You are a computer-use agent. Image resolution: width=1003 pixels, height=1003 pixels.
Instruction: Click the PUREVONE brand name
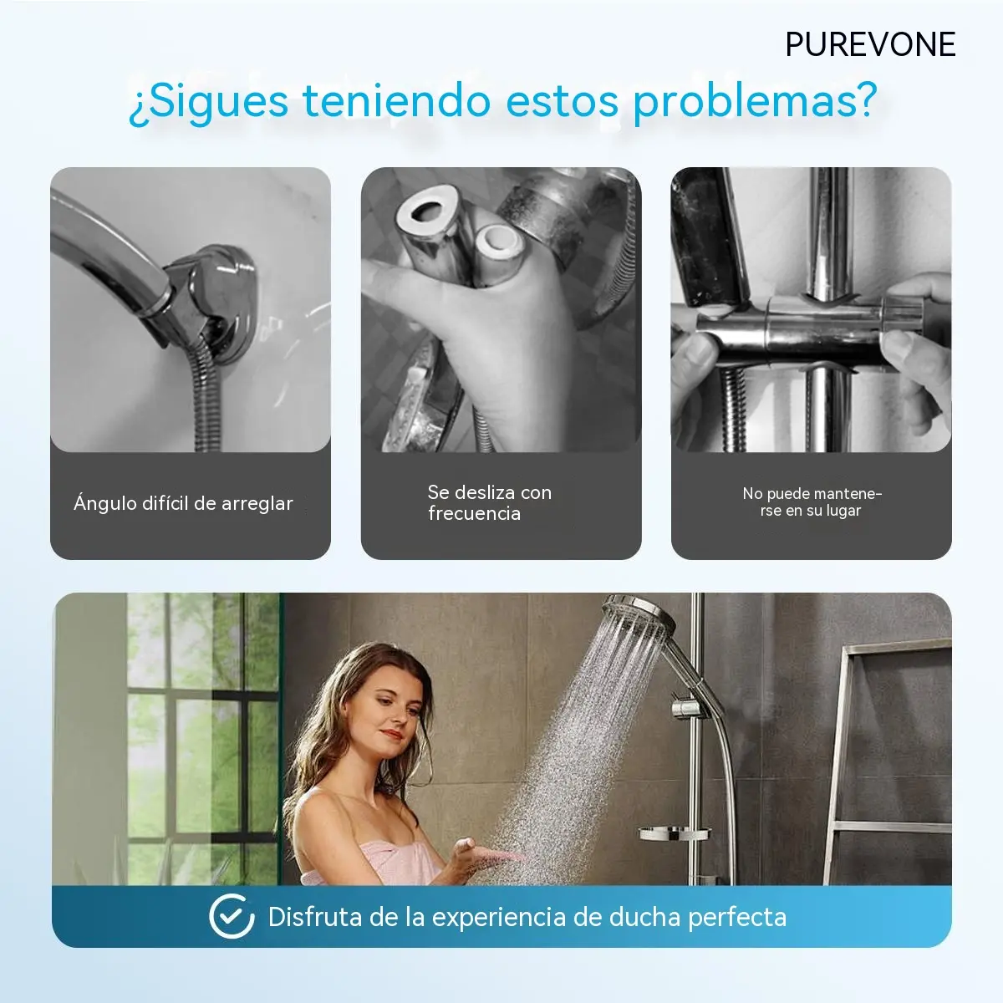[x=870, y=45]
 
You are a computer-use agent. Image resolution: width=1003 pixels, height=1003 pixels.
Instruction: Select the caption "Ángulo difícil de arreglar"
[x=183, y=503]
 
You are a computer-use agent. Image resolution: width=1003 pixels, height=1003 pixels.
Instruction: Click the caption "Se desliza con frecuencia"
[x=489, y=503]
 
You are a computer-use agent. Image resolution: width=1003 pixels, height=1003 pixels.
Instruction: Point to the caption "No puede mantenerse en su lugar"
[x=812, y=501]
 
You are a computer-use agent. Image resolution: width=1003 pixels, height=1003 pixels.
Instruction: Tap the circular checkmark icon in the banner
[x=232, y=916]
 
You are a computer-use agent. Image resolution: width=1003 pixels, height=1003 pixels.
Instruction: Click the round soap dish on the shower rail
[x=674, y=832]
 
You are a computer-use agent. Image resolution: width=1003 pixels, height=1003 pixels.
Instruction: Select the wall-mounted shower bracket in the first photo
[x=219, y=302]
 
